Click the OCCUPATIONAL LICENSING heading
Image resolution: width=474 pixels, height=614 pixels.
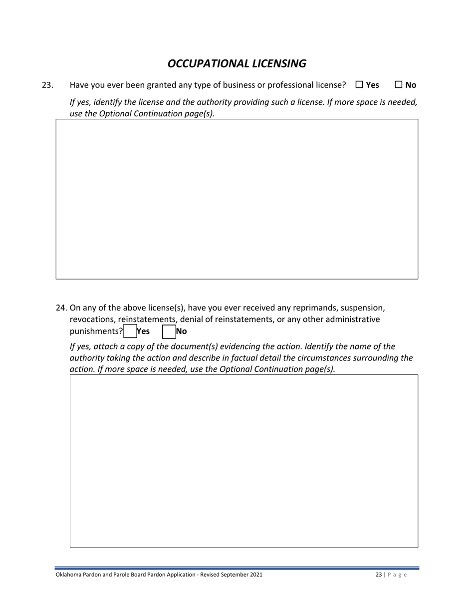point(237,63)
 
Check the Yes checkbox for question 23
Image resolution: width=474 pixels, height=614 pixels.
point(359,85)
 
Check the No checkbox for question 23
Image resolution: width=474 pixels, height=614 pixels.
point(399,85)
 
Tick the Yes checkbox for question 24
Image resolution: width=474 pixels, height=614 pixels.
point(130,331)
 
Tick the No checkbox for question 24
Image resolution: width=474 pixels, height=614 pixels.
point(169,331)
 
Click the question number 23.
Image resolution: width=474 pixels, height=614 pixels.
point(47,85)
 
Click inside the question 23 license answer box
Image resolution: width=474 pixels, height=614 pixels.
point(237,199)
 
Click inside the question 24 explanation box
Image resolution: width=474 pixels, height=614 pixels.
point(243,461)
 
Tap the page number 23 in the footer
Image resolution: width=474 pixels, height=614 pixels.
point(379,575)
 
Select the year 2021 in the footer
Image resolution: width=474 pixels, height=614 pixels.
point(255,575)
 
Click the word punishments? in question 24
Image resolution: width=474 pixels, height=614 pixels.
point(96,331)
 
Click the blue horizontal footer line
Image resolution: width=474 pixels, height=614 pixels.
point(237,568)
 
